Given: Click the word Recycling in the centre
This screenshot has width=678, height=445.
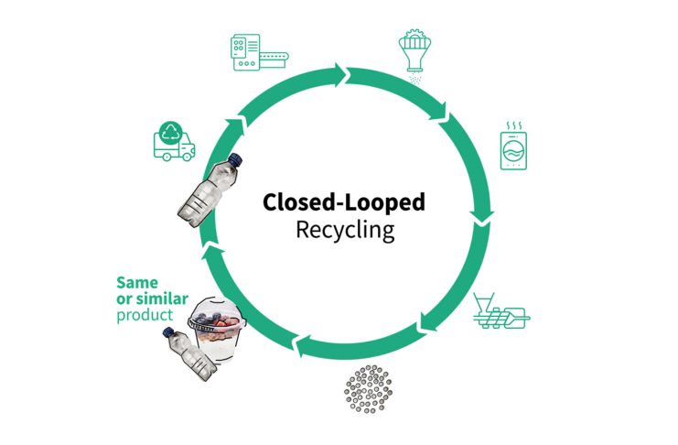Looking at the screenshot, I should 345,229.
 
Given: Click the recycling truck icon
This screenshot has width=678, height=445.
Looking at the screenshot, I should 174,142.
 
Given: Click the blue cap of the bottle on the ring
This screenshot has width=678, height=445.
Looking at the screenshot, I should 235,160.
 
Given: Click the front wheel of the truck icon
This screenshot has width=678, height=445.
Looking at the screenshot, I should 188,157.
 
